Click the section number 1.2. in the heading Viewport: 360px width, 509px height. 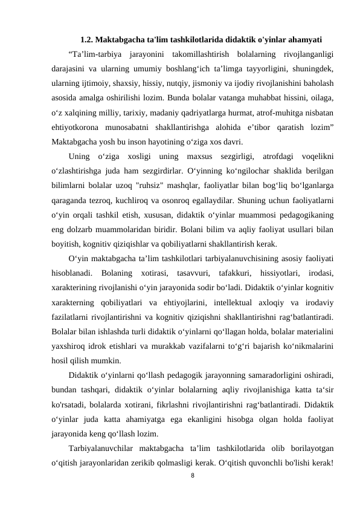89,41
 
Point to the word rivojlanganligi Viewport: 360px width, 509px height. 309,56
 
